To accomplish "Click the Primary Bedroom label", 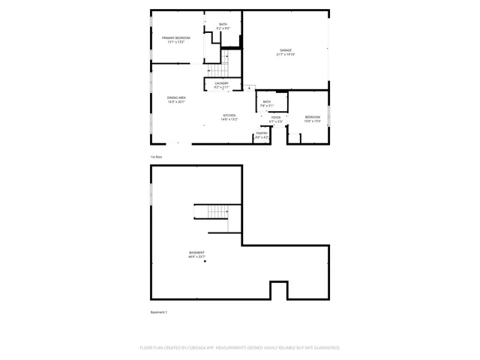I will pyautogui.click(x=176, y=37).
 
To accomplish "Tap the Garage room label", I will pyautogui.click(x=286, y=50).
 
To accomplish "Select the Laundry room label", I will pyautogui.click(x=221, y=83).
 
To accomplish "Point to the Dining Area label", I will pyautogui.click(x=177, y=97).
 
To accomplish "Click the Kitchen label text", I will pyautogui.click(x=229, y=115).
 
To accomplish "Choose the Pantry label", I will pyautogui.click(x=262, y=133).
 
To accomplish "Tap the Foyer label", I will pyautogui.click(x=276, y=117).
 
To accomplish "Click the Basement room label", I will pyautogui.click(x=196, y=252).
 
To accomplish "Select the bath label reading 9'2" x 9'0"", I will pyautogui.click(x=223, y=28).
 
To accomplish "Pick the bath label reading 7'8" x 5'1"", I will pyautogui.click(x=267, y=106).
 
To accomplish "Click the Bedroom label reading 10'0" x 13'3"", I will pyautogui.click(x=313, y=121).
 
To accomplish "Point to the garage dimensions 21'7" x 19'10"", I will pyautogui.click(x=286, y=55).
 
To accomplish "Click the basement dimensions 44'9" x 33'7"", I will pyautogui.click(x=196, y=256).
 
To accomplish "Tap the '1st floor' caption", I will pyautogui.click(x=156, y=156).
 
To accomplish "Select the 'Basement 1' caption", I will pyautogui.click(x=159, y=312).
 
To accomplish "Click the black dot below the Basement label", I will pyautogui.click(x=204, y=262).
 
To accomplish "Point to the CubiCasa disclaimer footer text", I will pyautogui.click(x=240, y=348).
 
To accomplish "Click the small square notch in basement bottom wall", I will pyautogui.click(x=278, y=290).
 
